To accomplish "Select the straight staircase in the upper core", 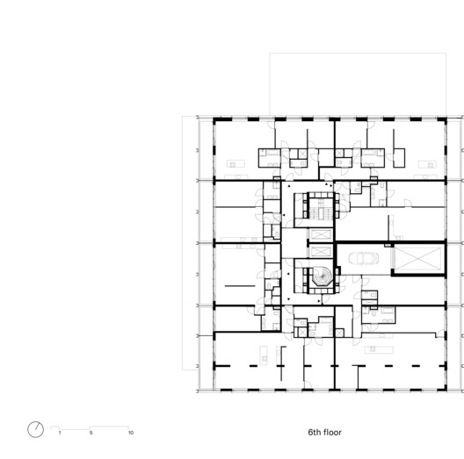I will tap(319, 209).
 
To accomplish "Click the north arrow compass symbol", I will tap(35, 428).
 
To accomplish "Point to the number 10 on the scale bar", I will tap(131, 433).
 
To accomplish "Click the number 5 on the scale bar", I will tap(91, 433).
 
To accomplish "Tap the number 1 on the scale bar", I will tap(59, 433).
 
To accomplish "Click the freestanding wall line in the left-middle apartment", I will tap(237, 285).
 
